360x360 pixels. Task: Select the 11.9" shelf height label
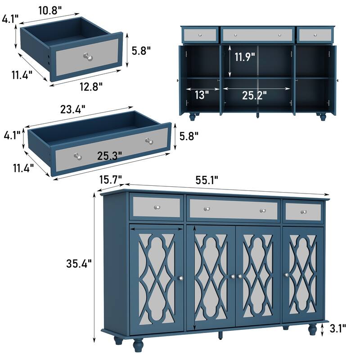pos(244,57)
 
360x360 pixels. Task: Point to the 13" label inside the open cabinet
pos(202,94)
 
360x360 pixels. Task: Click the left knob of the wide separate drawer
pos(77,157)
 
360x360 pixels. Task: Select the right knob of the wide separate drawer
pos(149,141)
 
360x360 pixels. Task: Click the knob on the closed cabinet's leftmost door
pos(180,279)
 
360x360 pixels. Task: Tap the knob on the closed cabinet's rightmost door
pos(286,275)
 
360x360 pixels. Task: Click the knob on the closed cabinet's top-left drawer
pos(157,207)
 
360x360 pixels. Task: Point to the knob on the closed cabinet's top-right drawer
pos(303,211)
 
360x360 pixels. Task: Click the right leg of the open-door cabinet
pos(322,117)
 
